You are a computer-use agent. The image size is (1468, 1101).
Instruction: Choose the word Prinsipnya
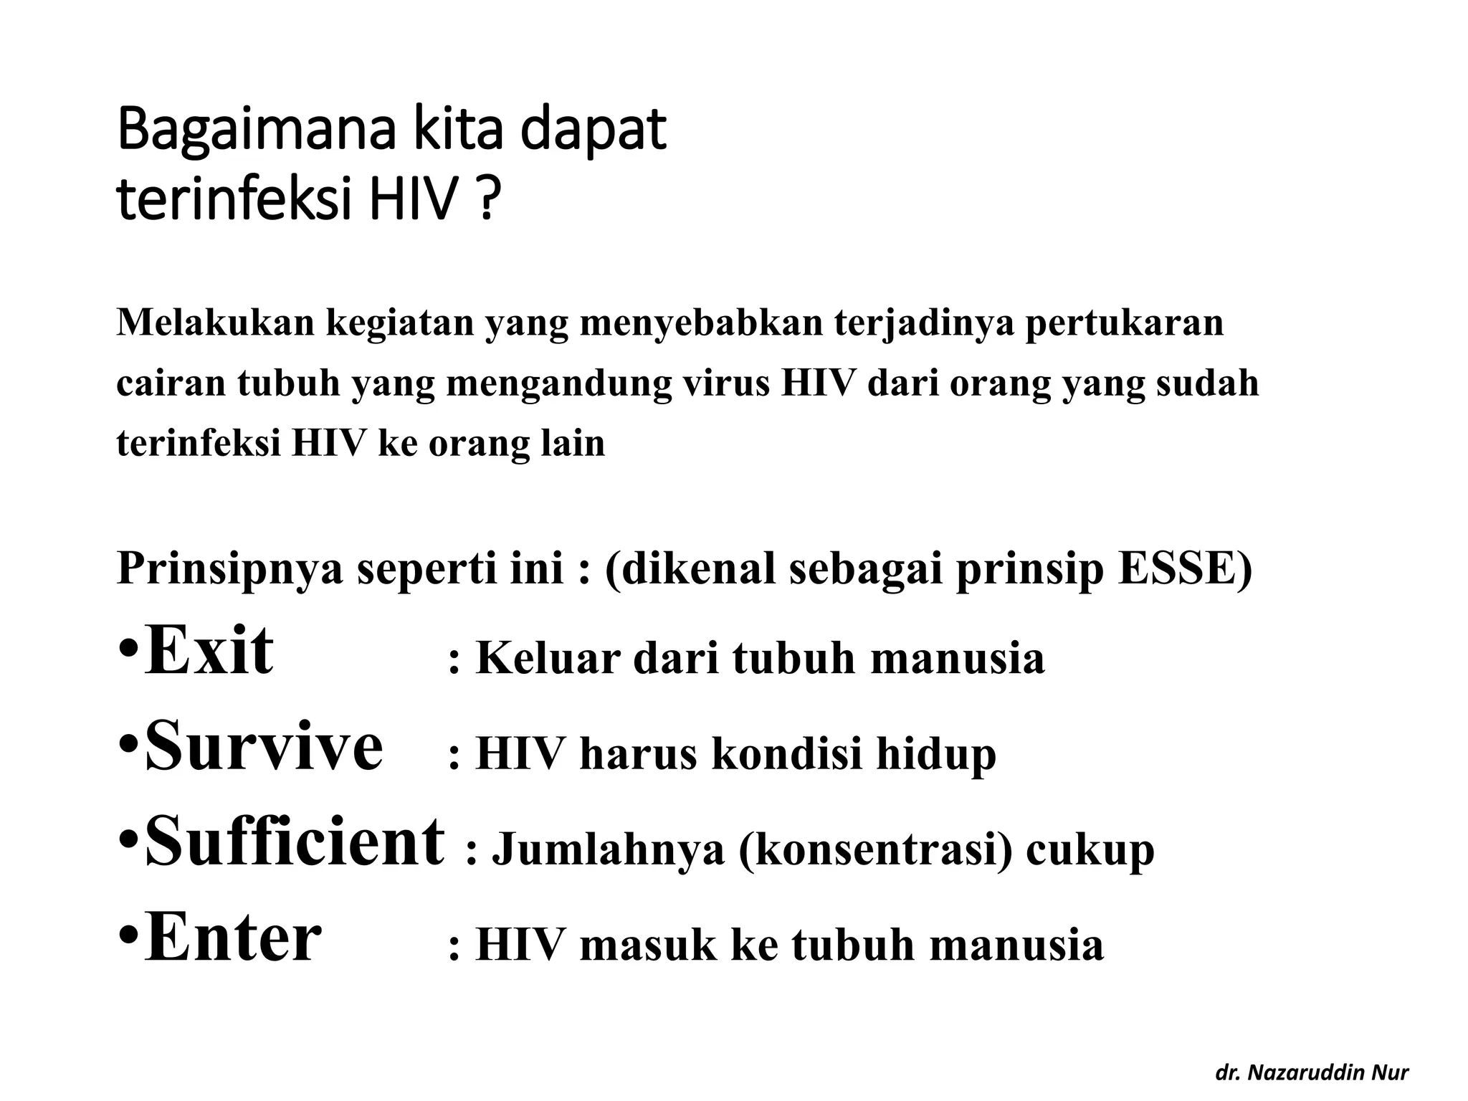click(229, 571)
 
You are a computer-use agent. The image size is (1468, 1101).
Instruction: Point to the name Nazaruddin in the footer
click(1302, 1072)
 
